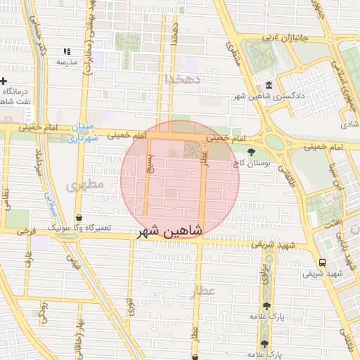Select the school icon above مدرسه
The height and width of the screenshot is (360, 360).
(x=67, y=51)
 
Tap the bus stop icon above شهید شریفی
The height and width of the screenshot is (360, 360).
(x=322, y=262)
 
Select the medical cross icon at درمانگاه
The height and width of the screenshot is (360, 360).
(x=4, y=82)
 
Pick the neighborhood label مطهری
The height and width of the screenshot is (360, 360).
(x=85, y=185)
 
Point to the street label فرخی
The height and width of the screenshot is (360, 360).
(x=26, y=230)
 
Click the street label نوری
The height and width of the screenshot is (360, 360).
(x=129, y=307)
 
